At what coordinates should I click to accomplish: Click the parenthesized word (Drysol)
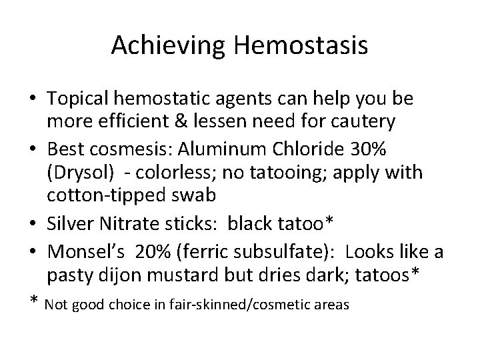coord(73,172)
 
